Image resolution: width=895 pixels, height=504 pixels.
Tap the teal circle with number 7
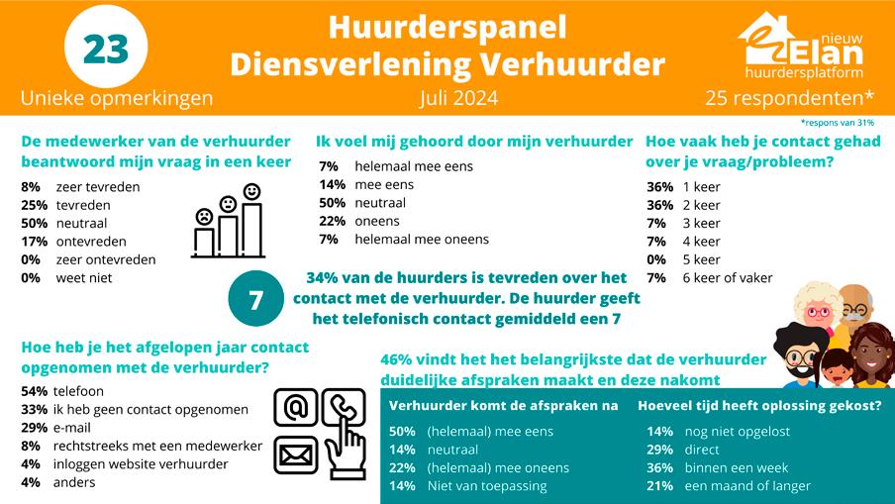[254, 300]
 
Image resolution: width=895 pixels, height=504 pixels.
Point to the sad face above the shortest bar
[204, 215]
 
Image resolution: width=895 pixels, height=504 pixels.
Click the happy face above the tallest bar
[251, 190]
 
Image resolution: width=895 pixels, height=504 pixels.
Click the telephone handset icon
[344, 406]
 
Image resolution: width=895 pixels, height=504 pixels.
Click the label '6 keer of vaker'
[728, 277]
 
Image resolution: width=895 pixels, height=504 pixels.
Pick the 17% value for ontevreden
[31, 242]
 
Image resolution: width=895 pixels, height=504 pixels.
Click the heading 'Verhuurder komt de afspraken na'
[504, 405]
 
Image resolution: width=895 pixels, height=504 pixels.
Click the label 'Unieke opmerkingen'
[116, 98]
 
